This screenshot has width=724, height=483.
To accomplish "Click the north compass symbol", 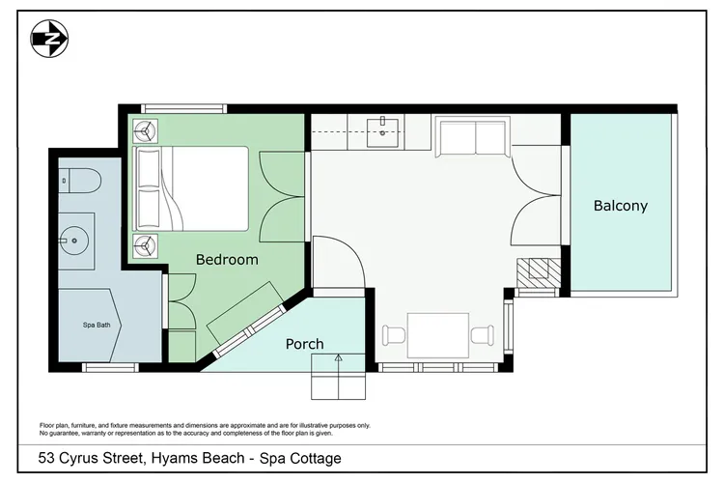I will pyautogui.click(x=49, y=39).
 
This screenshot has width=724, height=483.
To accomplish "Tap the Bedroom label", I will pyautogui.click(x=227, y=259).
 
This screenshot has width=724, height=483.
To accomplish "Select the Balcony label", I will pyautogui.click(x=620, y=206).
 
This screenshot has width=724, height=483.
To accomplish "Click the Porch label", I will pyautogui.click(x=304, y=344).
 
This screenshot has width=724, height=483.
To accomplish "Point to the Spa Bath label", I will pyautogui.click(x=97, y=325).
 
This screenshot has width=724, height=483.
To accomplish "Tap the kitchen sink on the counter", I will pyautogui.click(x=385, y=132).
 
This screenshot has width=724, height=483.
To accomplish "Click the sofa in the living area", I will pyautogui.click(x=472, y=137).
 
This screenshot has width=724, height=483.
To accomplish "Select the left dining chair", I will pyautogui.click(x=395, y=336).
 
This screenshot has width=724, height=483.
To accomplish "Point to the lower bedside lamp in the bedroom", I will pyautogui.click(x=146, y=246).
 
